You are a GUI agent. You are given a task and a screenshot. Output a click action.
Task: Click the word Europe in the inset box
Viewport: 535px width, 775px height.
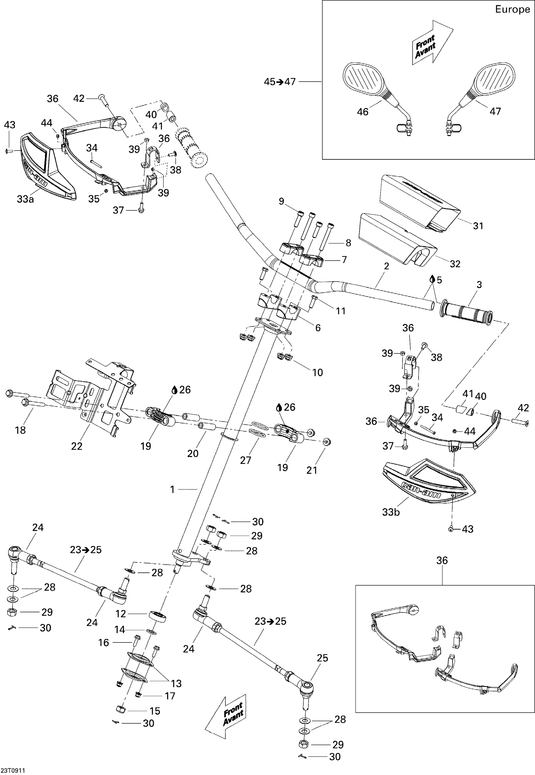coord(512,9)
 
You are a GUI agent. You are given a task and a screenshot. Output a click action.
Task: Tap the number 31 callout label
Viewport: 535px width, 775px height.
coord(478,226)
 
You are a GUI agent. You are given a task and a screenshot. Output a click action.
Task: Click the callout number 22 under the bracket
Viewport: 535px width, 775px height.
coord(77,446)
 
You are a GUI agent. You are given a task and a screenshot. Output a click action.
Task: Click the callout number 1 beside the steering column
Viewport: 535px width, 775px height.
coord(172,490)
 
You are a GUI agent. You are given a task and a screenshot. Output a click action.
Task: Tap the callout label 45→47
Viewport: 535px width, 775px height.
coord(280,82)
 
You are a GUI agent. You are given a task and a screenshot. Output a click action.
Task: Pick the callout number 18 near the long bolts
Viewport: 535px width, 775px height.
coord(20,430)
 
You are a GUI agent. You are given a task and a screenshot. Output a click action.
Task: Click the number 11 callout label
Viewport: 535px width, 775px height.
coord(341,311)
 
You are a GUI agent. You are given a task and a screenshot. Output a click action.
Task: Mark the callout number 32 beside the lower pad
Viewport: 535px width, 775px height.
coord(455,264)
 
